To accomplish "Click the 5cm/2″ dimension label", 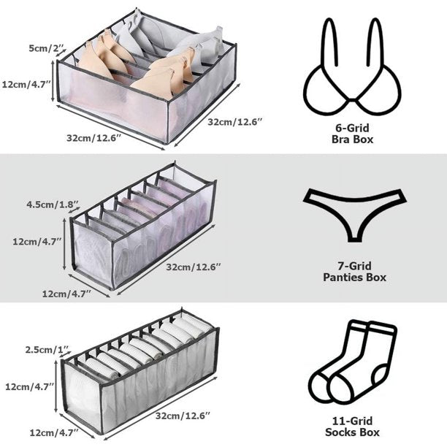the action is [47, 48].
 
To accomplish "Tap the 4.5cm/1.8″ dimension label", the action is [53, 205].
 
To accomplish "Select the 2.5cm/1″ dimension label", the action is [47, 350].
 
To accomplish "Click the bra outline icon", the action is [352, 66].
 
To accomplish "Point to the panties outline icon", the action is [355, 215].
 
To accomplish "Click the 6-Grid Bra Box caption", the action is [352, 134].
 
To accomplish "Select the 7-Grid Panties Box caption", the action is [355, 272].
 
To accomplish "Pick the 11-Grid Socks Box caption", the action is [352, 427].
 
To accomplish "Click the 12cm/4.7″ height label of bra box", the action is [26, 84].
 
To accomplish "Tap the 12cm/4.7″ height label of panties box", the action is [37, 242].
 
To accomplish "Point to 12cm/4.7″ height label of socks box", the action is [30, 386].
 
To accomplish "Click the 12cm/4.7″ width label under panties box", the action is [66, 294].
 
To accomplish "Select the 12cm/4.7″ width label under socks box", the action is [54, 432].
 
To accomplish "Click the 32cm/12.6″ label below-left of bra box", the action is [94, 138].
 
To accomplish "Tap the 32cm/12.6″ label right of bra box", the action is [234, 122].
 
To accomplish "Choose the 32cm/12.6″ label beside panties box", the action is [194, 267].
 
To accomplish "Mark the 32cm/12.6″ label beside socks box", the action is [183, 416].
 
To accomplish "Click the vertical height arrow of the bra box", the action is [53, 81].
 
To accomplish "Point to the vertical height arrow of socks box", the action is [56, 386].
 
